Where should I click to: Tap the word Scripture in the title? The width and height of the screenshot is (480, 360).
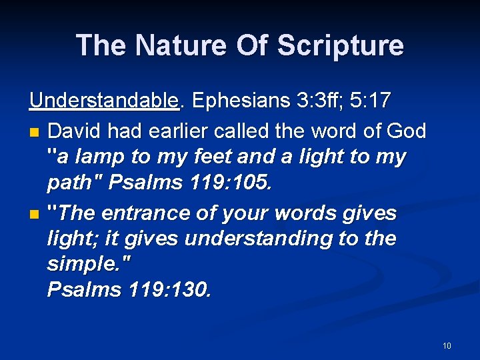pos(340,45)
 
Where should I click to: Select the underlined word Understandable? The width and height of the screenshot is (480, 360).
pos(105,101)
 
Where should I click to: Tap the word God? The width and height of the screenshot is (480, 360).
pos(405,130)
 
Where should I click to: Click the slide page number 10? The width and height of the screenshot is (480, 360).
pos(446,345)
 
